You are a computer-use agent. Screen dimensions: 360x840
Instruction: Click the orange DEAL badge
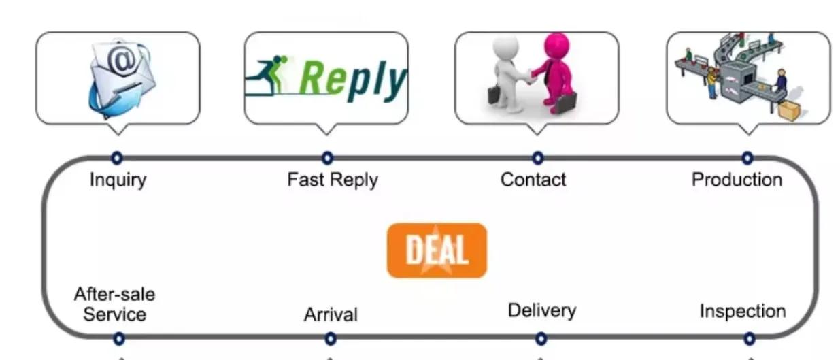pos(437,250)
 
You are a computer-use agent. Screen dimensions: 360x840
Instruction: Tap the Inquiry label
pos(118,180)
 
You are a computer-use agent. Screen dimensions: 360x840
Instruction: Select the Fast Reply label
pos(332,180)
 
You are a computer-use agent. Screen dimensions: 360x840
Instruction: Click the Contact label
pos(533,180)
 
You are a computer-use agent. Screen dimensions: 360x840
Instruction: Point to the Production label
pos(737,180)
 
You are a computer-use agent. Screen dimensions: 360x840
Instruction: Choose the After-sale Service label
pos(114,304)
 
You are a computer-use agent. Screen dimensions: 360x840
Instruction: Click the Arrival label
pos(330,315)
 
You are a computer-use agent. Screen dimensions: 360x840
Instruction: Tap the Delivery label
pos(542,311)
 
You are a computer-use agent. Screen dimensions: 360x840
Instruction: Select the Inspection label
pos(743,312)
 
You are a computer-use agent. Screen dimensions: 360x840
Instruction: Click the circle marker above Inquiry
pos(117,158)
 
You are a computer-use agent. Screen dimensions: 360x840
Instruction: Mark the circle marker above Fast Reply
pos(328,158)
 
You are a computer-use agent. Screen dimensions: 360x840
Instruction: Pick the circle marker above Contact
pos(538,158)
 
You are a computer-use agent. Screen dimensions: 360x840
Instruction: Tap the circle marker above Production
pos(747,158)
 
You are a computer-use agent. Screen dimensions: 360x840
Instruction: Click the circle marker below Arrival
pos(331,338)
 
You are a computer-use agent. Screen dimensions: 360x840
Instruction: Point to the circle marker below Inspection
pos(749,338)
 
